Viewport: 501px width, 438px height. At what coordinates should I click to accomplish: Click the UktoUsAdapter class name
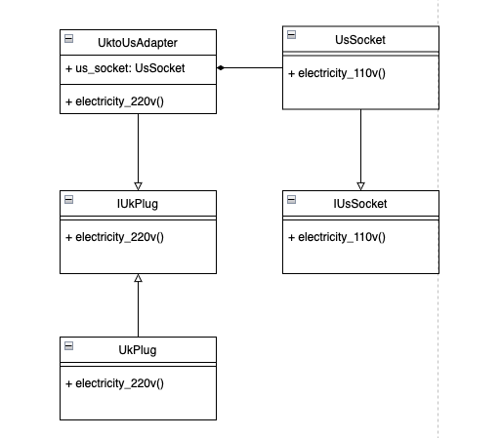[139, 43]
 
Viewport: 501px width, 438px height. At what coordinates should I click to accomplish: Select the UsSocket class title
[360, 40]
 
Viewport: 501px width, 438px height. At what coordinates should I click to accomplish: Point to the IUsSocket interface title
[360, 204]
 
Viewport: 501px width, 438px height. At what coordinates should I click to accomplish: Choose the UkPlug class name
[138, 349]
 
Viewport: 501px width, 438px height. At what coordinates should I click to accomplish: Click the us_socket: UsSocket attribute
[125, 68]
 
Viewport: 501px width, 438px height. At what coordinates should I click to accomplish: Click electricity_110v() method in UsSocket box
[336, 73]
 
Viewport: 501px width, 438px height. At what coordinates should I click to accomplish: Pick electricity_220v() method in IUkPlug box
[114, 237]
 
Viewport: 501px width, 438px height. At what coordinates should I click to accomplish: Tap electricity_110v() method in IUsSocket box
[336, 237]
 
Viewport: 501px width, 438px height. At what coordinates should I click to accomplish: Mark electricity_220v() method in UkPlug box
[114, 382]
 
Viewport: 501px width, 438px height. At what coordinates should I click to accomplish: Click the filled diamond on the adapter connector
[223, 68]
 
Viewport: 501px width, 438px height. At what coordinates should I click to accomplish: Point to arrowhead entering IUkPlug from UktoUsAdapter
[139, 185]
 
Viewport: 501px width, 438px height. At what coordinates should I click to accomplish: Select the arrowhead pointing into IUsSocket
[360, 185]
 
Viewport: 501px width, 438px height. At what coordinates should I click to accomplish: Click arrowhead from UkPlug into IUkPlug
[139, 279]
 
